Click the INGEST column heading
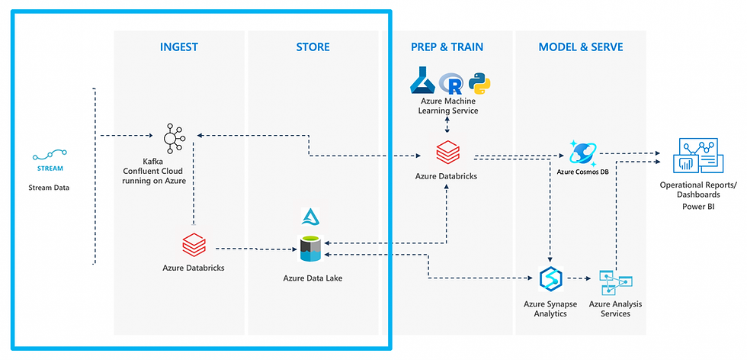(178, 47)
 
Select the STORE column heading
(313, 47)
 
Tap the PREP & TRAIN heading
(447, 47)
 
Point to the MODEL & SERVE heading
(581, 47)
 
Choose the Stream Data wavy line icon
(50, 155)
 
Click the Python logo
(479, 83)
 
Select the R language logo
(450, 83)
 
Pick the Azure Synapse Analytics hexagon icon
(550, 279)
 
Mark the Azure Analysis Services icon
(616, 283)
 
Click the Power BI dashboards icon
(697, 156)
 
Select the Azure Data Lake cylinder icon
(312, 249)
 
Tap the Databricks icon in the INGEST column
(194, 245)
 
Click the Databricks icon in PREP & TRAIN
(448, 152)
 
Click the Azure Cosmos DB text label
(584, 172)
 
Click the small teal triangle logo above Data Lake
(311, 217)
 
